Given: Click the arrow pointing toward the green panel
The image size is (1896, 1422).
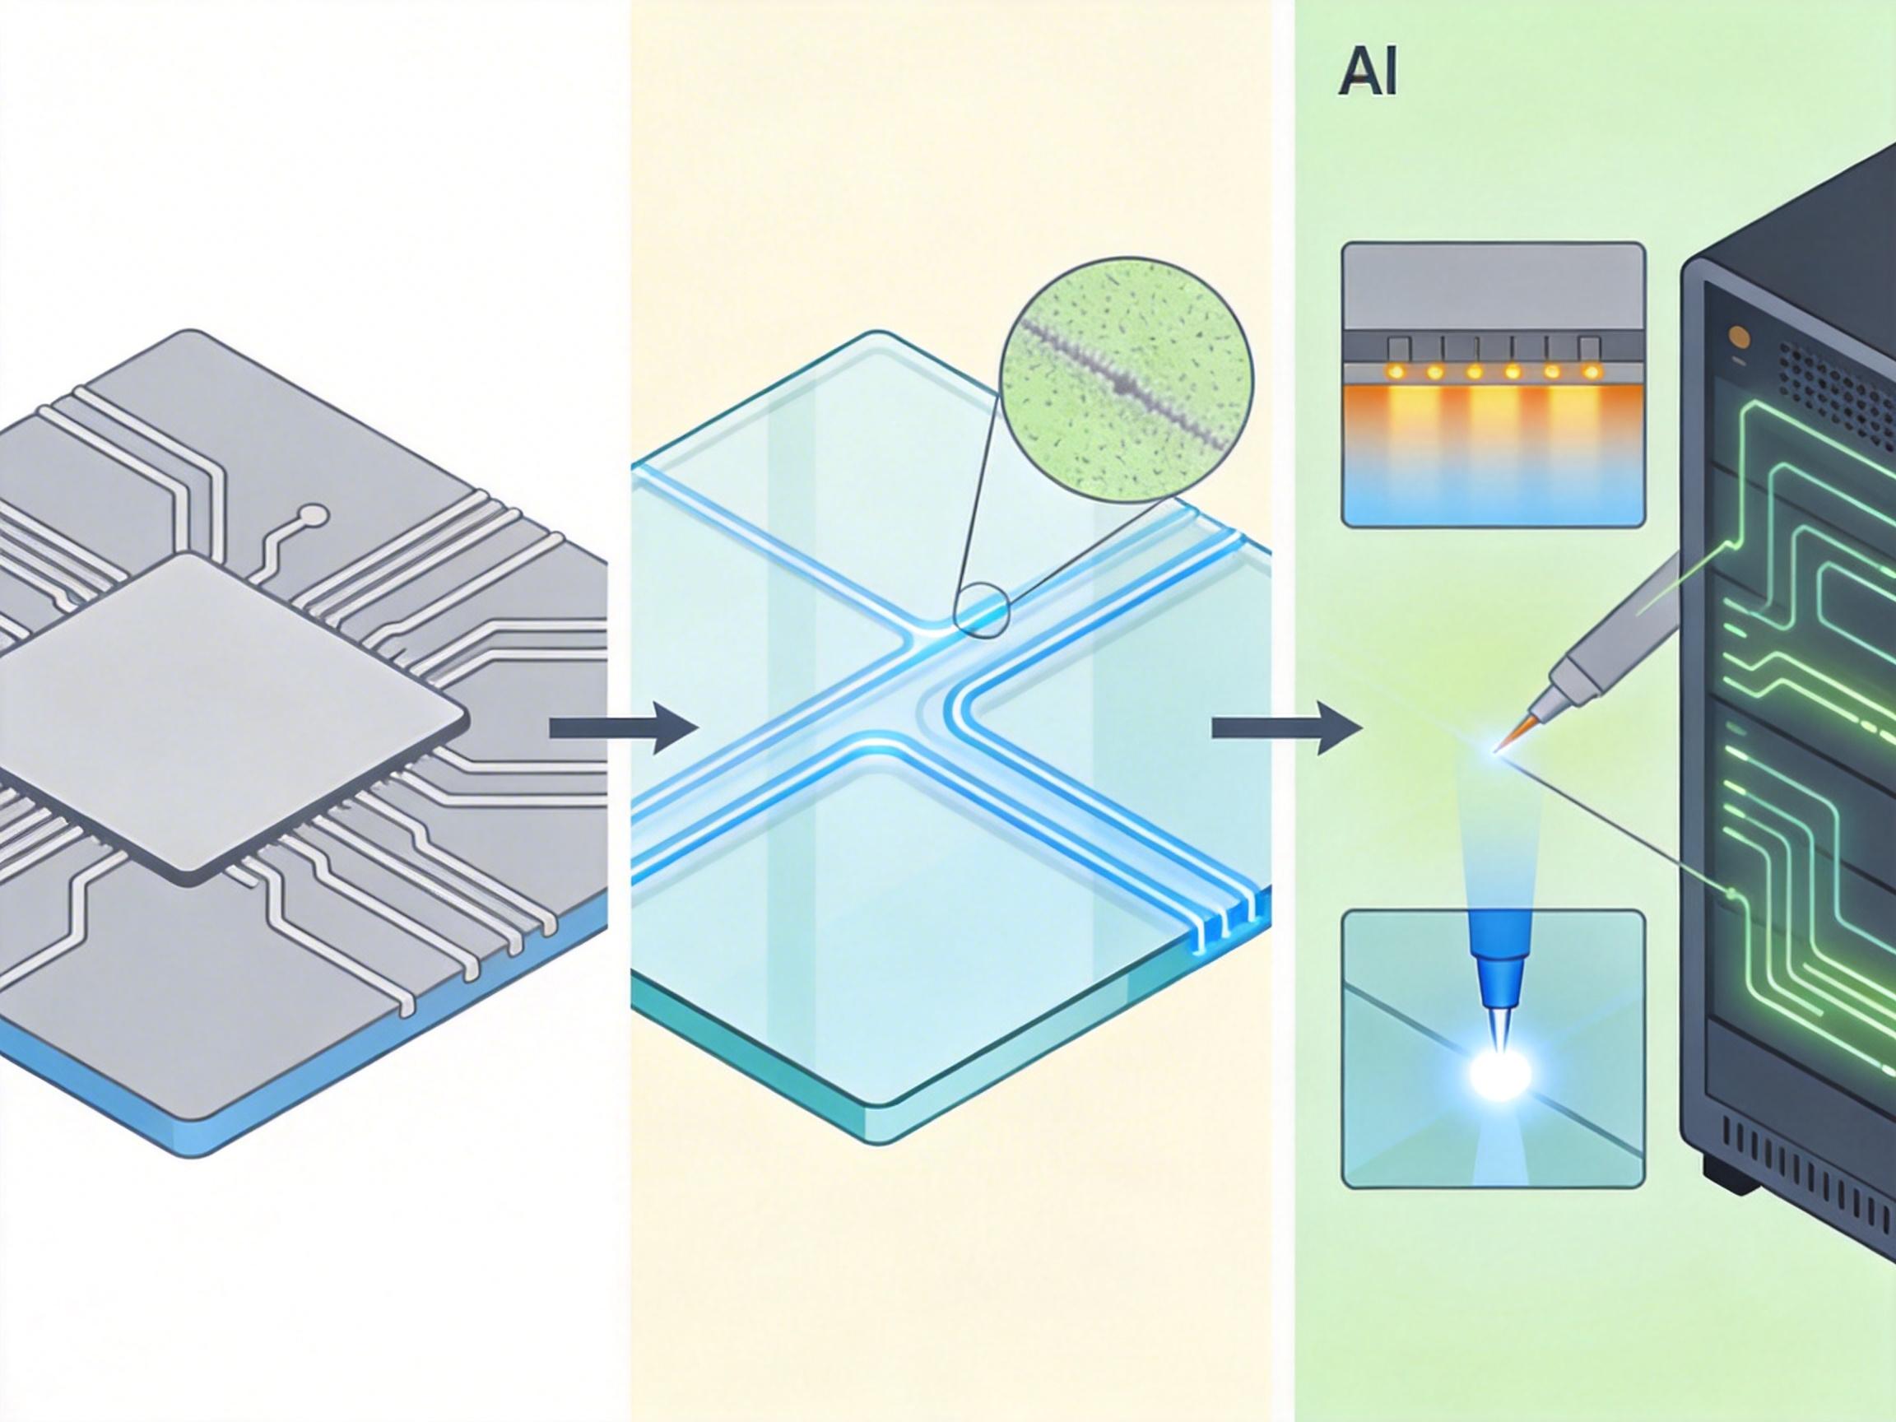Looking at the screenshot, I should tap(1285, 727).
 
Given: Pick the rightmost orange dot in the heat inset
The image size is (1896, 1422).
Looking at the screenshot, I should tap(1591, 372).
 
